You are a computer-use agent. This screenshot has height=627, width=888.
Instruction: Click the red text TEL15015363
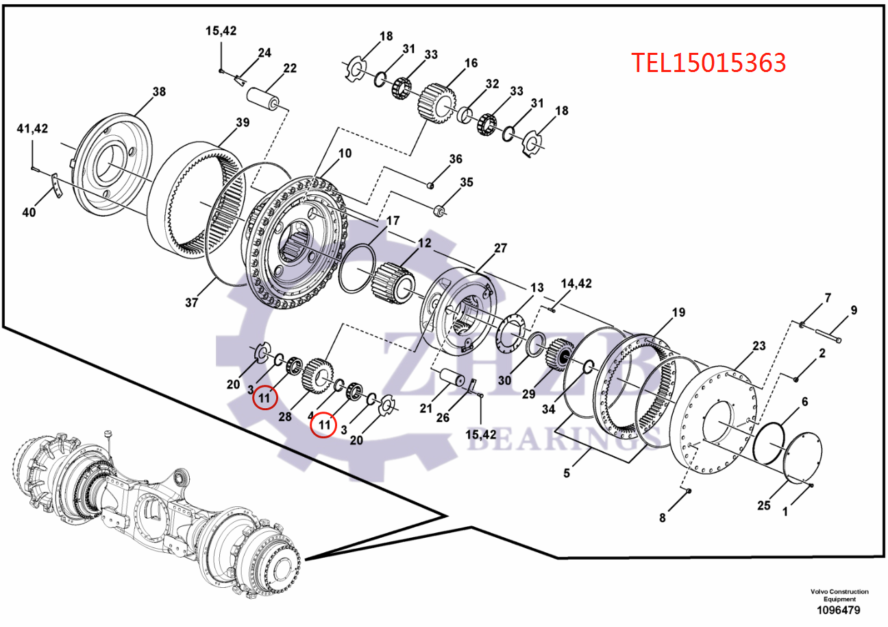pos(708,62)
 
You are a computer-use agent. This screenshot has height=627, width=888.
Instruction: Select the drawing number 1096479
pos(839,610)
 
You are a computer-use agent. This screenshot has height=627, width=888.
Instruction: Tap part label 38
pos(159,91)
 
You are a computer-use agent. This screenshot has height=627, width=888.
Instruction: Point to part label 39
pos(243,123)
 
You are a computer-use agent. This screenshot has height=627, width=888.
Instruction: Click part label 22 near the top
pos(290,68)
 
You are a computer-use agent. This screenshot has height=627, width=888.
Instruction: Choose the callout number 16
pos(471,63)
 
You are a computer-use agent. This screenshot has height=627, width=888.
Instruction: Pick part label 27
pos(500,248)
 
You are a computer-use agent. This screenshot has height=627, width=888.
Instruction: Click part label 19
pos(678,313)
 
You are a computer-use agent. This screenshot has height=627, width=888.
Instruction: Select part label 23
pos(758,346)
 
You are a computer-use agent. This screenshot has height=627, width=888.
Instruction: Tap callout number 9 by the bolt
pos(854,310)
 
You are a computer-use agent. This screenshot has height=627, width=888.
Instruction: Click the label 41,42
pos(32,128)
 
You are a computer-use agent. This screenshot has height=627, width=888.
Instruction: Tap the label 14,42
pos(576,283)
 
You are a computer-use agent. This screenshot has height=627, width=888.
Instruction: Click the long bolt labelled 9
pos(828,336)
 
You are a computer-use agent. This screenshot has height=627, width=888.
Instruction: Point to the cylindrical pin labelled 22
pos(264,97)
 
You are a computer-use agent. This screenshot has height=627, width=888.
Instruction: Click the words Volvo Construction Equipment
pos(839,595)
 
